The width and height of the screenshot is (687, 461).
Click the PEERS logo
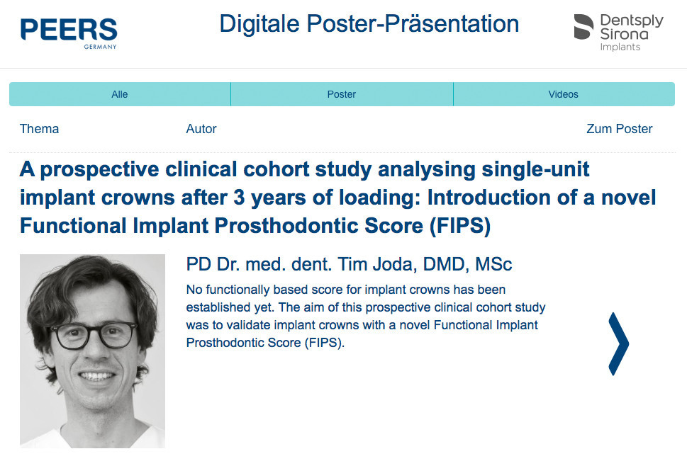point(69,33)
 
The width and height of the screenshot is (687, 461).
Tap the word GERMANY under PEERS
point(101,47)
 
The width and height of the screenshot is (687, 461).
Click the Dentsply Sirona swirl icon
point(583,27)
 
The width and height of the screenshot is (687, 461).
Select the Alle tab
point(120,94)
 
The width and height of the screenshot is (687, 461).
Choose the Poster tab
point(342,94)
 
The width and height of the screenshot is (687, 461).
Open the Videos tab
point(564,94)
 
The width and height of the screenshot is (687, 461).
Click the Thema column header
point(40,129)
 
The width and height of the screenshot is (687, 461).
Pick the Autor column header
point(201,129)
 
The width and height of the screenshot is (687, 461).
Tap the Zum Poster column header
point(620,129)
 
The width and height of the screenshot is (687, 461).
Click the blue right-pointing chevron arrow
point(620,343)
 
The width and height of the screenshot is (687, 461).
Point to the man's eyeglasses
point(93,334)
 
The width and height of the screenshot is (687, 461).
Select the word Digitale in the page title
point(259,23)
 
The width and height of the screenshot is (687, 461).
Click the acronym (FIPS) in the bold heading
point(459,226)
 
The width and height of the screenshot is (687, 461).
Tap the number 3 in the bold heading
point(239,198)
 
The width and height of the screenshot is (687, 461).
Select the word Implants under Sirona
point(620,47)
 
